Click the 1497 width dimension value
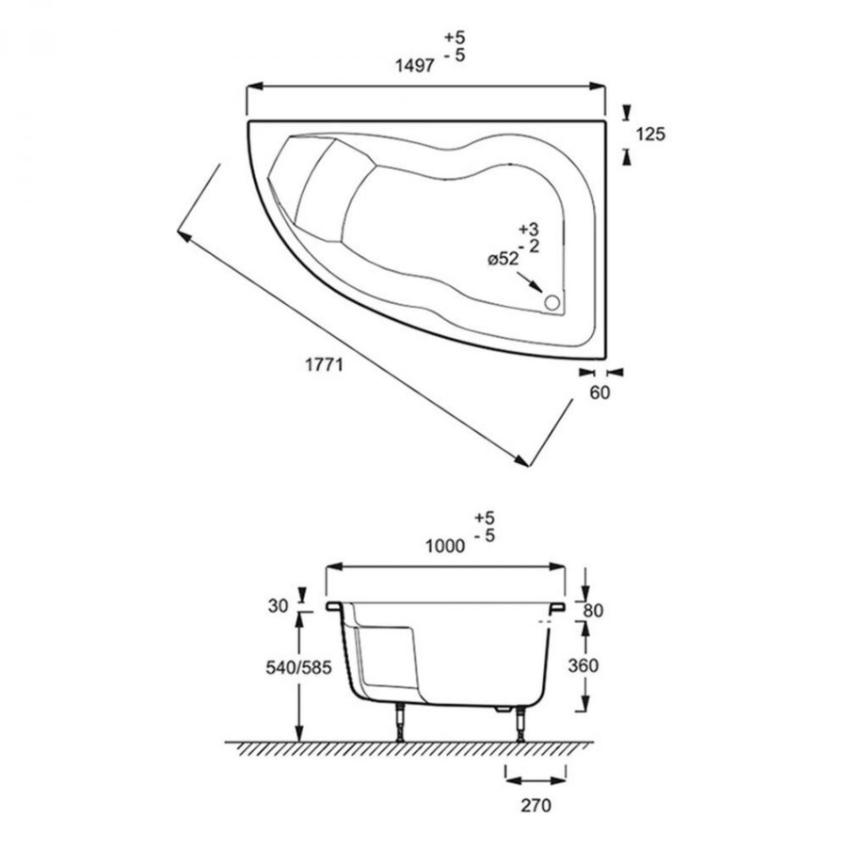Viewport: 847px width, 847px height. point(415,66)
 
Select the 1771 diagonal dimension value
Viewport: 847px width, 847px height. point(324,365)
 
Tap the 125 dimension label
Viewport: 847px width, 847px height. point(650,134)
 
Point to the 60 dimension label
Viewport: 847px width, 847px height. point(599,392)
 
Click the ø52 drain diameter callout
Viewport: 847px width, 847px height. point(503,260)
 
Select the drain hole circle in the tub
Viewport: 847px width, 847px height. point(552,302)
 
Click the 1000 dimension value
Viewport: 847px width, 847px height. point(445,546)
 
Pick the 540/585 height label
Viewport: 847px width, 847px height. point(298,667)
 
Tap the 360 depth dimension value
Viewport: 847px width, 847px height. point(583,665)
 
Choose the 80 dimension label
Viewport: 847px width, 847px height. point(593,611)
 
